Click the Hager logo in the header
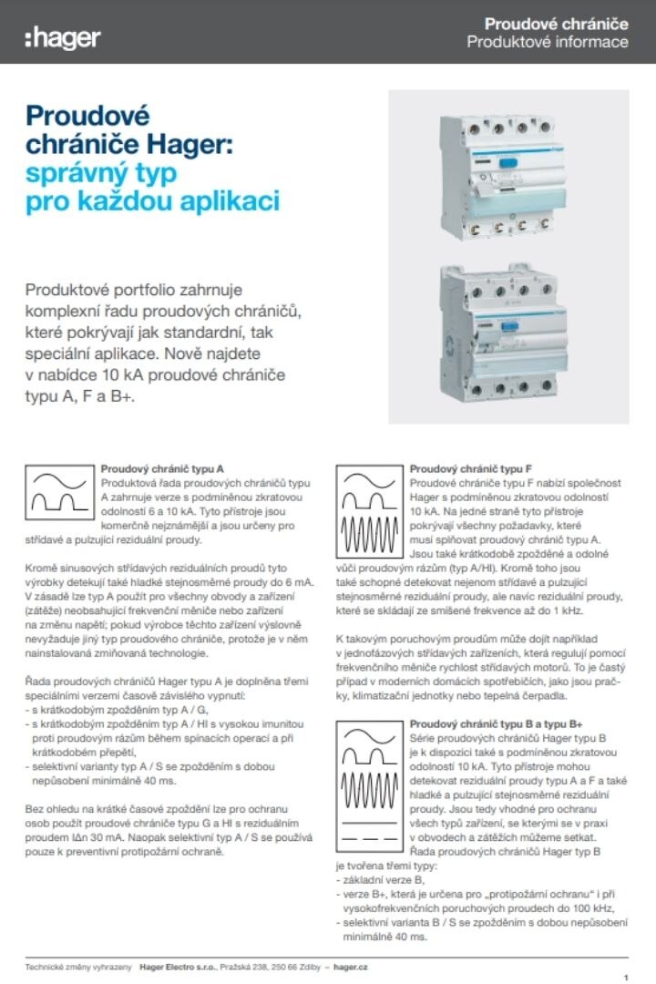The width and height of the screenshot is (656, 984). click(x=63, y=38)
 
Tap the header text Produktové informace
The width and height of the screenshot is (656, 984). click(x=548, y=42)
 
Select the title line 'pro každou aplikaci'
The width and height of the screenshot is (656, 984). click(x=152, y=201)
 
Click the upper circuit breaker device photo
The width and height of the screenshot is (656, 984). click(x=500, y=177)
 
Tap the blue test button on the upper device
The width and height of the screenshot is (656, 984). click(x=507, y=163)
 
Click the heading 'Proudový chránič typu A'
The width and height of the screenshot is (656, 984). click(x=162, y=469)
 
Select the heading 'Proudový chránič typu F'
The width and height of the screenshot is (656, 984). click(x=471, y=469)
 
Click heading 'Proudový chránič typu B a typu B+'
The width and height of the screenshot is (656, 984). click(x=496, y=724)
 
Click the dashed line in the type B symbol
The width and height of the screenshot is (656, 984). click(x=369, y=838)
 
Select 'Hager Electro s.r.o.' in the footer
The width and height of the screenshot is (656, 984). click(x=178, y=967)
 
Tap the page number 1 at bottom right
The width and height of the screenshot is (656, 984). click(x=626, y=978)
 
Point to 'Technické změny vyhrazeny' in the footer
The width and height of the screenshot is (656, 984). click(x=78, y=967)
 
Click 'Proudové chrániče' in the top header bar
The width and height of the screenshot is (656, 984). click(x=556, y=24)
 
